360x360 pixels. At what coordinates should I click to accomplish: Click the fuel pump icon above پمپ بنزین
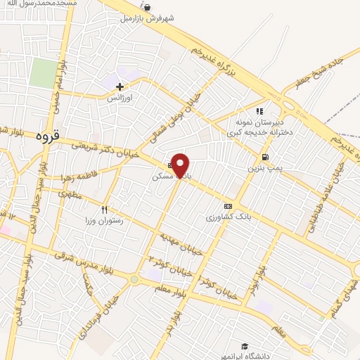click(x=264, y=157)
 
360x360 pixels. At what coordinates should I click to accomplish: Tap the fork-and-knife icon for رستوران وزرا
click(x=104, y=209)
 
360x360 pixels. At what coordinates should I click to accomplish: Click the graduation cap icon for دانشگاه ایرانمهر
click(x=244, y=345)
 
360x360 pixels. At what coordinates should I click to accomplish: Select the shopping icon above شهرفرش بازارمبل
click(x=146, y=7)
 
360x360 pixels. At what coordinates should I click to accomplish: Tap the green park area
click(x=44, y=74)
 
